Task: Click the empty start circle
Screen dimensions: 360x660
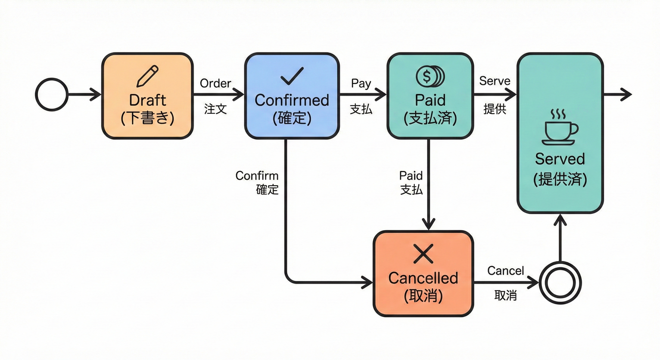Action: tap(52, 94)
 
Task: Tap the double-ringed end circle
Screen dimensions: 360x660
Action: tap(560, 283)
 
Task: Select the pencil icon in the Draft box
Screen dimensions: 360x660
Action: tap(147, 76)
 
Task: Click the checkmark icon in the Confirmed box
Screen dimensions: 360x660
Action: tap(291, 76)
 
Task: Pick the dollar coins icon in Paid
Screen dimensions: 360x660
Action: tap(430, 75)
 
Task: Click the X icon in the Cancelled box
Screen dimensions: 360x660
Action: tap(423, 255)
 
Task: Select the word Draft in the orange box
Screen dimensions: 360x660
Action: tap(147, 100)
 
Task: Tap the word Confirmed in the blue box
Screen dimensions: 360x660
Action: tap(292, 100)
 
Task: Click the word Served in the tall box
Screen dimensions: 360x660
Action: tap(560, 158)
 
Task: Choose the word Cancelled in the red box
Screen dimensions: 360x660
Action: tap(423, 278)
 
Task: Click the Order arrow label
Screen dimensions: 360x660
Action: tap(216, 83)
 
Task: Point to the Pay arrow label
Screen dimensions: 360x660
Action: tap(361, 84)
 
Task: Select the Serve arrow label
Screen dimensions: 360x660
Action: tap(495, 81)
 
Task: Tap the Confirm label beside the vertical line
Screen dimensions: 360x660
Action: tap(257, 176)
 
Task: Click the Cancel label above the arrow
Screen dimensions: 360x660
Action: tap(505, 270)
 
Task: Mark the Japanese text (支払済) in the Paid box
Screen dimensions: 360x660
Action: tap(430, 118)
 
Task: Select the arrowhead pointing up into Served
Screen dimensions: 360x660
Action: tap(560, 220)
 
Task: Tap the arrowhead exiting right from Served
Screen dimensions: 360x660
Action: tap(626, 94)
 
